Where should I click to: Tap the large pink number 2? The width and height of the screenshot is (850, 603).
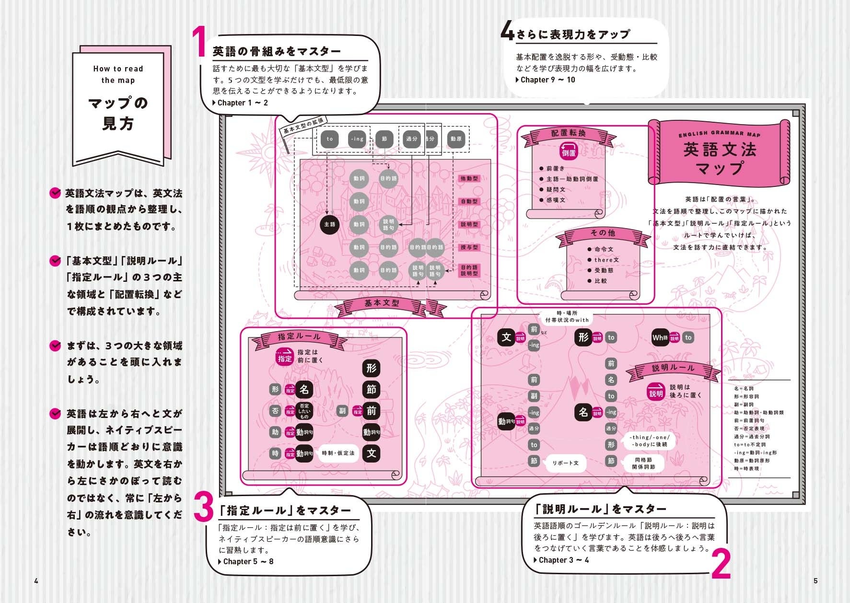721,564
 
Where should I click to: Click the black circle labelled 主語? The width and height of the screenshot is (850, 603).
330,224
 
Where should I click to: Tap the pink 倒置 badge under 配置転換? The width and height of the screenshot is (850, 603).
569,153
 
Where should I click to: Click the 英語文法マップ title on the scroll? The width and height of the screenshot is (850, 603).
720,159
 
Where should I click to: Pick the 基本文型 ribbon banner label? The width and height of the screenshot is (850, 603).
382,303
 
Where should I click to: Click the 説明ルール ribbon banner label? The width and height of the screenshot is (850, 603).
673,368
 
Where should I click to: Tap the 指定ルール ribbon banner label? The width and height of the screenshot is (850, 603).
299,336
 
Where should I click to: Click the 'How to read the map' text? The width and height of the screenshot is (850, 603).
118,74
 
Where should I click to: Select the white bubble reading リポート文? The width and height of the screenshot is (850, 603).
566,463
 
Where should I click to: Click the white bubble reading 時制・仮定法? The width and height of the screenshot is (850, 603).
338,453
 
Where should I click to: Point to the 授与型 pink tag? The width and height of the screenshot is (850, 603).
469,247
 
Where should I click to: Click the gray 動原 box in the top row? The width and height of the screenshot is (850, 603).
456,139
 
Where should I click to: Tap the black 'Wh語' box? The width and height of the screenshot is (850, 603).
660,337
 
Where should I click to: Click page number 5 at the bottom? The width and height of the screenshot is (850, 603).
815,581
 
